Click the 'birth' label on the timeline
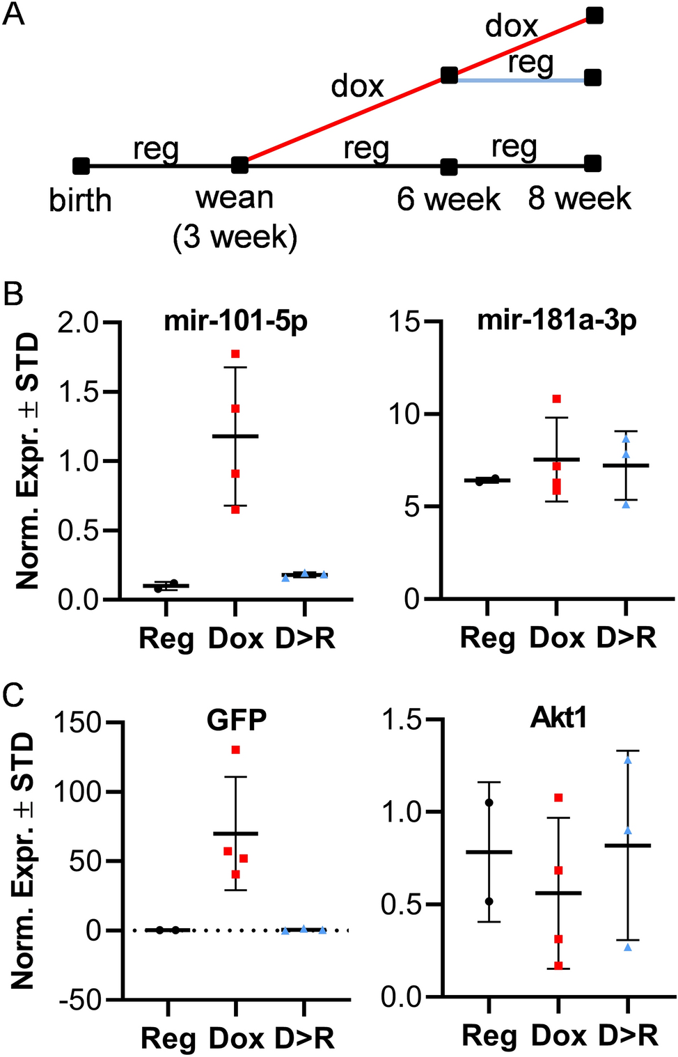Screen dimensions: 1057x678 click(x=80, y=201)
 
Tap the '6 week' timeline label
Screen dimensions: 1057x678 click(x=448, y=200)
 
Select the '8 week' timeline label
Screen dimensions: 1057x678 click(x=579, y=199)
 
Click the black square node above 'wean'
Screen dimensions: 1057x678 click(x=239, y=166)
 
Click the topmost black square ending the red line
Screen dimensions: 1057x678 click(x=594, y=15)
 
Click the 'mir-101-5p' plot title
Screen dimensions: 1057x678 click(x=235, y=322)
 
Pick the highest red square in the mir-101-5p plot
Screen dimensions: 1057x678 click(x=235, y=354)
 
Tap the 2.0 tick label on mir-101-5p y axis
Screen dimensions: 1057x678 click(x=77, y=322)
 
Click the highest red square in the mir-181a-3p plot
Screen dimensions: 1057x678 click(x=557, y=399)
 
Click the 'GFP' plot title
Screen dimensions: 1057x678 click(x=237, y=720)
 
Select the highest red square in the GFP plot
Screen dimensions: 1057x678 click(x=236, y=750)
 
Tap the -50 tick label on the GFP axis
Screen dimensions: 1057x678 click(x=81, y=1000)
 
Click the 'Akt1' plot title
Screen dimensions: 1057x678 click(x=558, y=717)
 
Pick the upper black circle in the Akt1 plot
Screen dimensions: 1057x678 click(x=489, y=803)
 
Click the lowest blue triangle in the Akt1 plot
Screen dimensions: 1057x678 click(x=628, y=947)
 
